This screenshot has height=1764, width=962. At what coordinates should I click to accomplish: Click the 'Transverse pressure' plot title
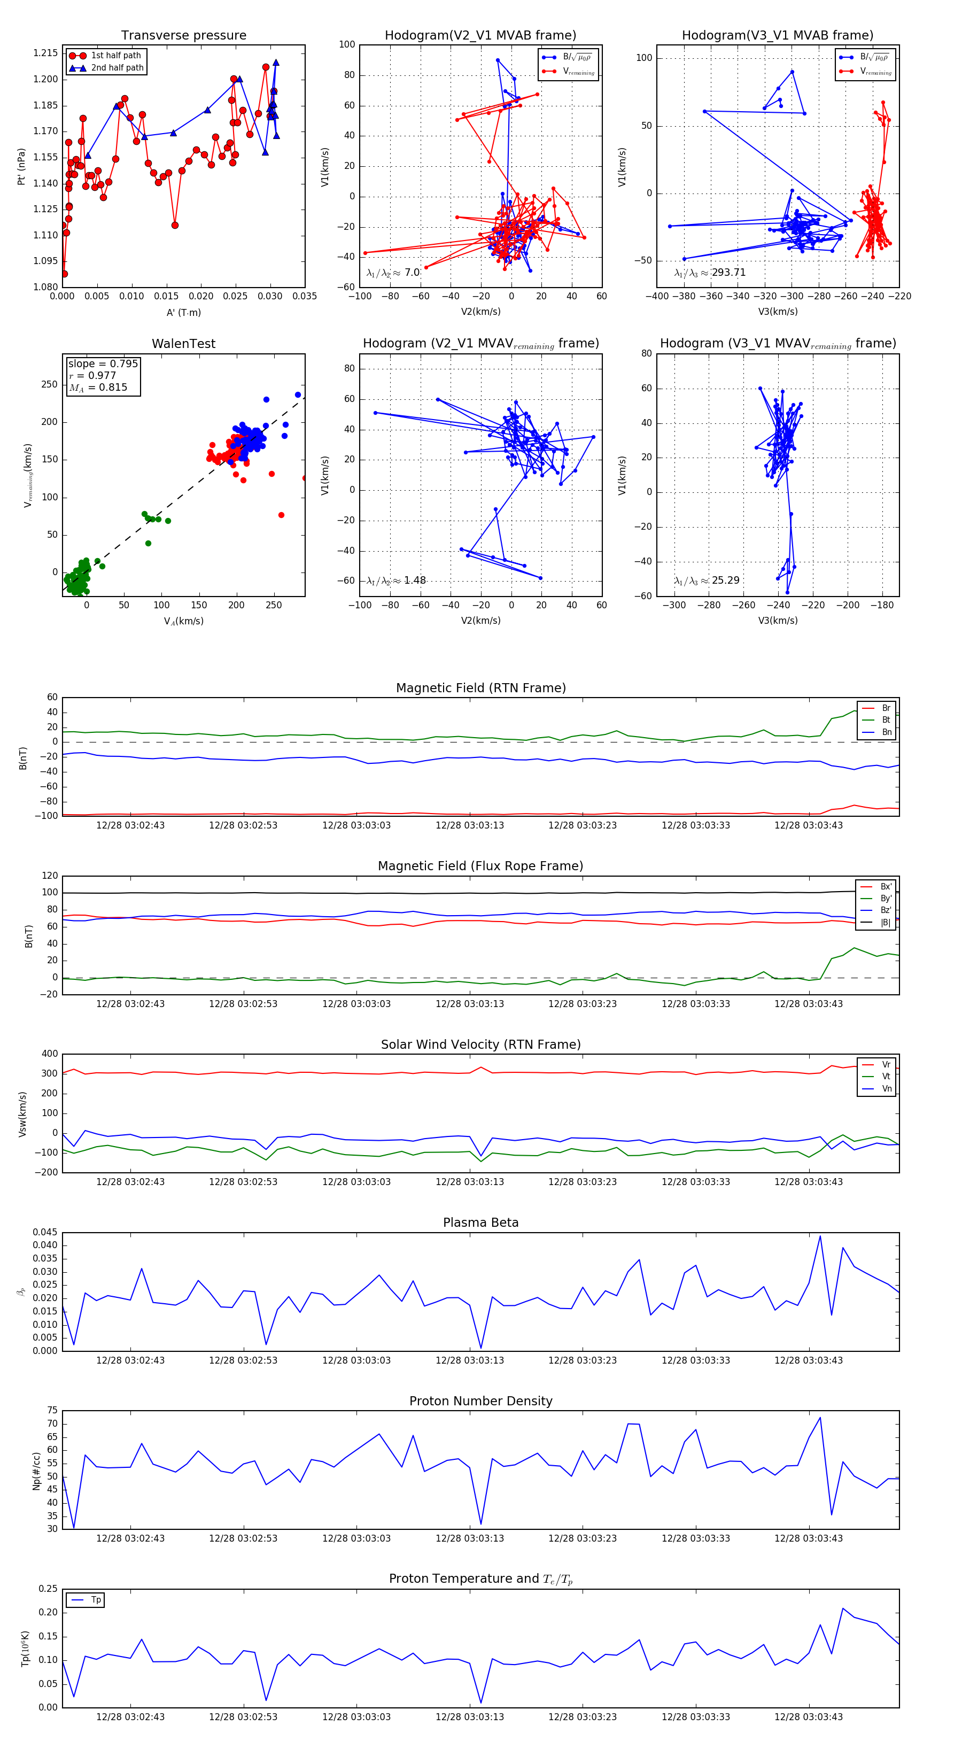(183, 36)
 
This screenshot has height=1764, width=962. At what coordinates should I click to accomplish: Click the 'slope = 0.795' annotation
(103, 363)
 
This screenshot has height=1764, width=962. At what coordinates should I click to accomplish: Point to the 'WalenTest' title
(183, 344)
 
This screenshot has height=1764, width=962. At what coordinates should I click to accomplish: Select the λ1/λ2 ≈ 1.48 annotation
(397, 581)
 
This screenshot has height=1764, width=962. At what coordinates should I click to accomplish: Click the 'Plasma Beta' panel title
(480, 1223)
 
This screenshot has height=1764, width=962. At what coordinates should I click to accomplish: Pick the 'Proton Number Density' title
(480, 1401)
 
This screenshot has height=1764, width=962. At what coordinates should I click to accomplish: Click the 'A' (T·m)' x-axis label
(183, 312)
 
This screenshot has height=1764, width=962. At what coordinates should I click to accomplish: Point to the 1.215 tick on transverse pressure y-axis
(46, 53)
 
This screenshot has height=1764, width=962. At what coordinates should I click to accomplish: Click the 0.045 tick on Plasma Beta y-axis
(46, 1233)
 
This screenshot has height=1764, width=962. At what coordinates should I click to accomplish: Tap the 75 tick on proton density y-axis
(52, 1411)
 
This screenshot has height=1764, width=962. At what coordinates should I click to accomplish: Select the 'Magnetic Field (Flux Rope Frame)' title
(480, 866)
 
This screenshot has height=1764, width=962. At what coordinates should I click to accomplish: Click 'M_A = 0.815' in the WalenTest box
(98, 388)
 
